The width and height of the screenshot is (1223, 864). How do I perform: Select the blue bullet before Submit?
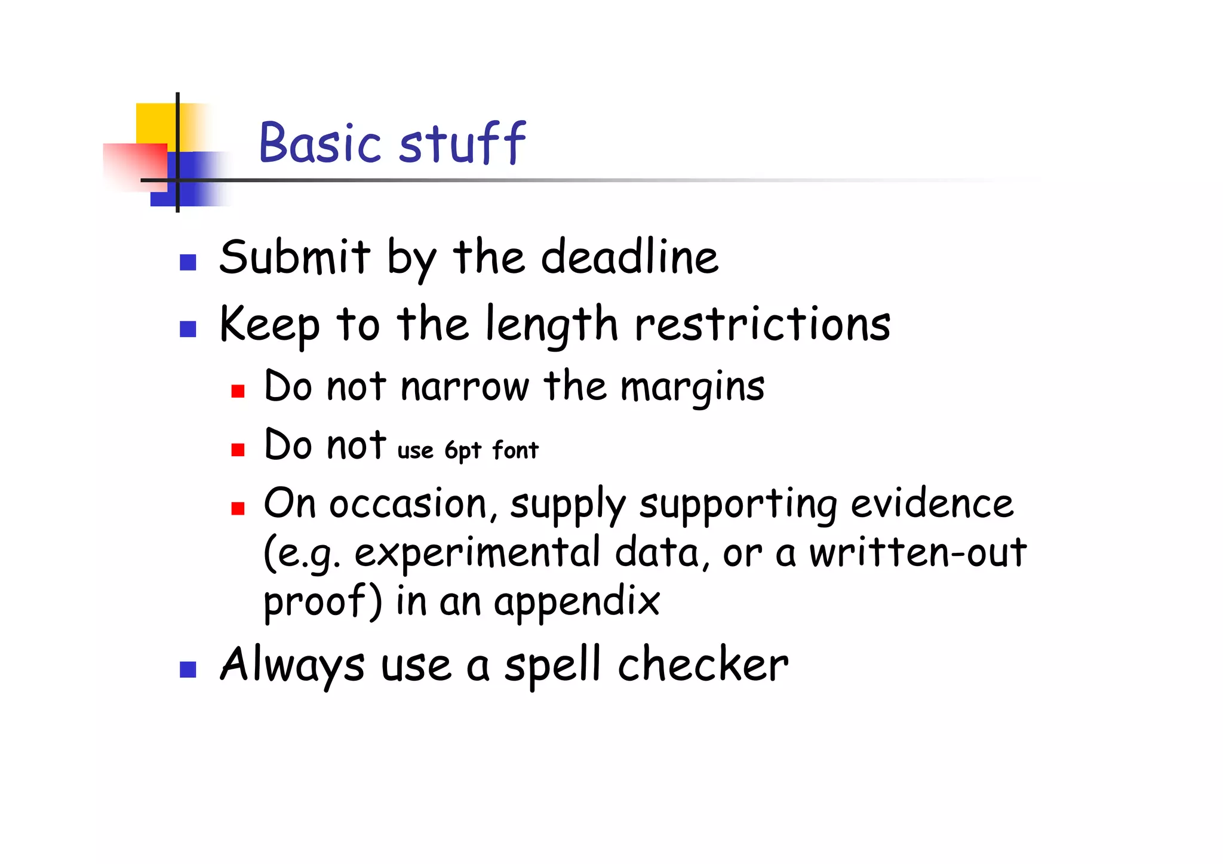[188, 263]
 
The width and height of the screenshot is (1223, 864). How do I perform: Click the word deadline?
[629, 257]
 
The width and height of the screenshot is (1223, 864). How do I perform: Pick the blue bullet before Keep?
[188, 329]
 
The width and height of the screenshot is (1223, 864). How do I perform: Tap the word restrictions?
[762, 324]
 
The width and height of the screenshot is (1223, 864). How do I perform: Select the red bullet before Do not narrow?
[238, 391]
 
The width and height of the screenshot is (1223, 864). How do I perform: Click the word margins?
[693, 387]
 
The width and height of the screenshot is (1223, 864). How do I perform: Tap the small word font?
[515, 450]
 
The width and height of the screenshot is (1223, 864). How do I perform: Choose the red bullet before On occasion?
[238, 508]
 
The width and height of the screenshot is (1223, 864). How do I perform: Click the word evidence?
[932, 503]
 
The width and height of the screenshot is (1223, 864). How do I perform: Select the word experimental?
[477, 553]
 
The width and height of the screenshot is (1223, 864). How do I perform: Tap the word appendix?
[577, 602]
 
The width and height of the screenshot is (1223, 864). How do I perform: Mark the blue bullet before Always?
[188, 669]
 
